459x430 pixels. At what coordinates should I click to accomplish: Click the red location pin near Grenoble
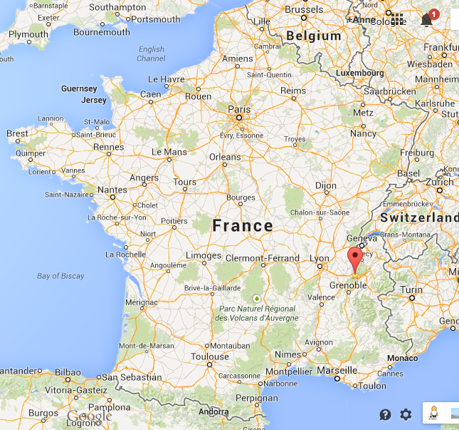click(354, 258)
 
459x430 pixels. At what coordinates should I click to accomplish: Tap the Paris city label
click(239, 109)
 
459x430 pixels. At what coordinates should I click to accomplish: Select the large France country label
click(243, 226)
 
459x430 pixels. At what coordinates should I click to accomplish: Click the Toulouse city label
click(210, 357)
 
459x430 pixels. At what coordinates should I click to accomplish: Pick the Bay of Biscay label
click(60, 276)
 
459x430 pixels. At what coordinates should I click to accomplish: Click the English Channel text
click(151, 54)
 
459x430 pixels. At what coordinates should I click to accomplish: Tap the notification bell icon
click(427, 19)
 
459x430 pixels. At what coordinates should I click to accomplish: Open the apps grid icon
click(397, 19)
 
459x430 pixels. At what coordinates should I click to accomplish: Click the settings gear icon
click(406, 414)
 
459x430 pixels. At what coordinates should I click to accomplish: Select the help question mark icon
click(385, 414)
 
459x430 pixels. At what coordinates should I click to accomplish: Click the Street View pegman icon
click(433, 413)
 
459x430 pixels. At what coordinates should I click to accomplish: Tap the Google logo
click(90, 416)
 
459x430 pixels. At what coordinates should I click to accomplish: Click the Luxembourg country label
click(359, 73)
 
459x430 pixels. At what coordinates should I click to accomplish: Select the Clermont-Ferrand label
click(263, 257)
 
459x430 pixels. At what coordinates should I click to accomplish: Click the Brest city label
click(18, 133)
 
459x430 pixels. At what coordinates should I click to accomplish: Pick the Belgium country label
click(313, 36)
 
